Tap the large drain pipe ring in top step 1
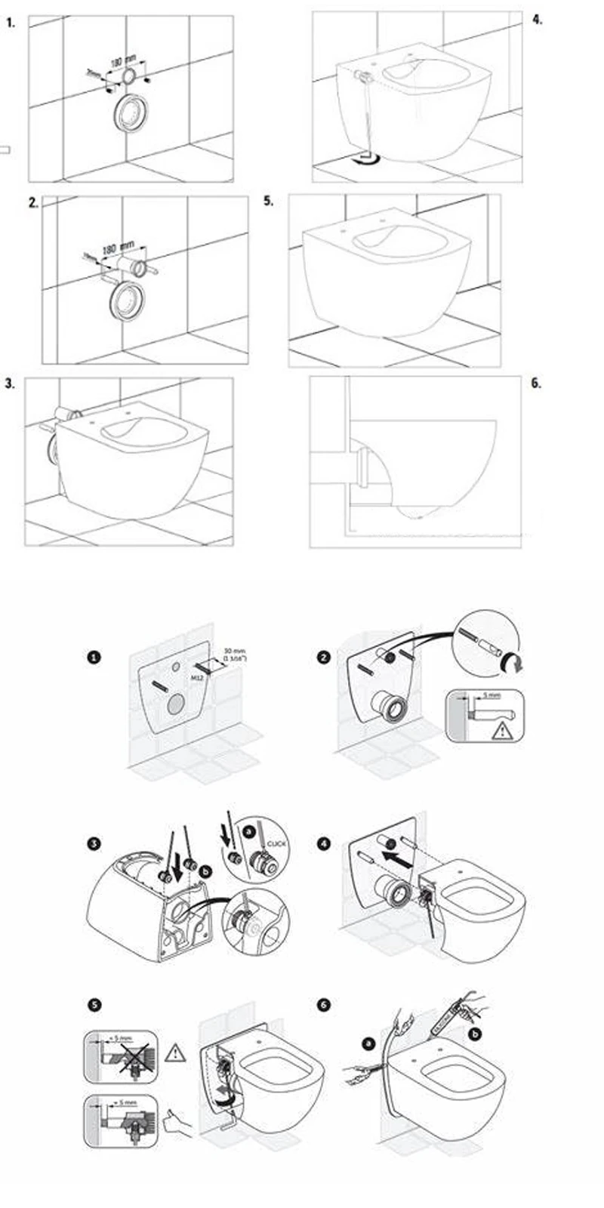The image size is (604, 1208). pos(129,113)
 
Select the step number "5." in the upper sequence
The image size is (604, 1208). pos(268,201)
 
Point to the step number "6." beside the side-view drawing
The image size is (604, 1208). pos(536,383)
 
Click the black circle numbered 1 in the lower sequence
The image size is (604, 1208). pos(94,658)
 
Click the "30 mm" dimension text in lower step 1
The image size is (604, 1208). pos(236,650)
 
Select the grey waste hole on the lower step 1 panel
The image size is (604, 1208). pos(175,704)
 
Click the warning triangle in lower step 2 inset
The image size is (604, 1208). pos(501,730)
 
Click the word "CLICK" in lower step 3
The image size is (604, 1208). pos(277,843)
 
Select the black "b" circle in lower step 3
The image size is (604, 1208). pos(207,872)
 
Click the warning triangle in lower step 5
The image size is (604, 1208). pos(175,1051)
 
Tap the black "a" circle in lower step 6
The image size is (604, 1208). pos(368,1043)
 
